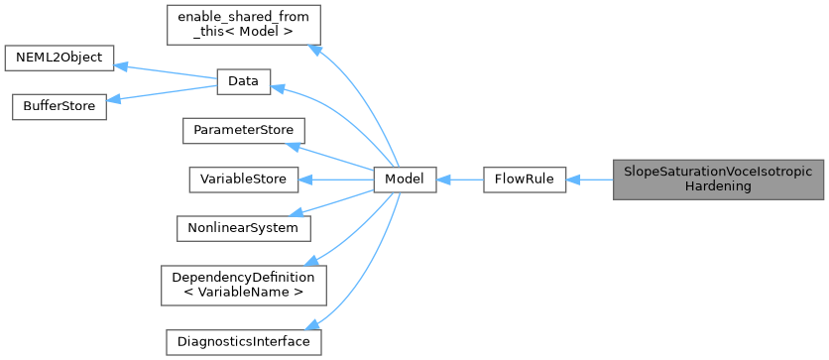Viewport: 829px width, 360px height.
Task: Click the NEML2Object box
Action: [59, 58]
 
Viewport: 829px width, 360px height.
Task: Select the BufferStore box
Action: [59, 106]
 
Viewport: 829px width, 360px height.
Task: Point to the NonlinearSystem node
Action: [243, 228]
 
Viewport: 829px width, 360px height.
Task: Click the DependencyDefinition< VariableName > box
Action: [243, 285]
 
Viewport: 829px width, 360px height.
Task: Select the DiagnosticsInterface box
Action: [243, 341]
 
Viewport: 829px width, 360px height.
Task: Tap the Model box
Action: [405, 180]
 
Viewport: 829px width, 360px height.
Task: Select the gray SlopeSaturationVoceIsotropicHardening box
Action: [718, 180]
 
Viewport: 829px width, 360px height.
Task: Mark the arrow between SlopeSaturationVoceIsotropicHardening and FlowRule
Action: [590, 180]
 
